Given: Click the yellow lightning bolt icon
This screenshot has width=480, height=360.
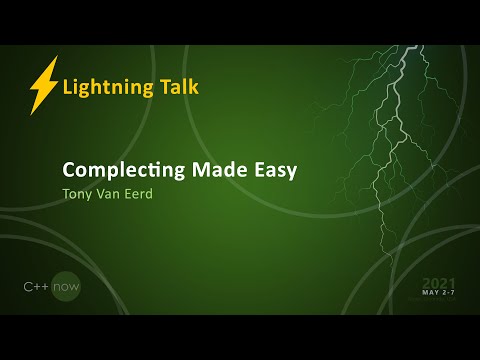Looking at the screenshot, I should pos(44,86).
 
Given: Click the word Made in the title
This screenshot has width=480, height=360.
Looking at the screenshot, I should pos(221,169).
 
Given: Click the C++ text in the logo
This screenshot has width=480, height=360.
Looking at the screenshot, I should pos(39,287).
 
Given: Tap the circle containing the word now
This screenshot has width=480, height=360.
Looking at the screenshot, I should pos(67,287).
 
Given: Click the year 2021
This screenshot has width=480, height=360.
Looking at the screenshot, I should pos(439,283).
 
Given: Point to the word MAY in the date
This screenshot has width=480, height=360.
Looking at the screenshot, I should pos(431,294).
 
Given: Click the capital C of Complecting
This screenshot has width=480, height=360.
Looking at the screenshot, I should pos(69,170).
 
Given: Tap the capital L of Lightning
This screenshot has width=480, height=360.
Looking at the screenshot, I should pos(67,87).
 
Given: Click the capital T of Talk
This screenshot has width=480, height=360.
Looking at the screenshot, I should pos(163,86).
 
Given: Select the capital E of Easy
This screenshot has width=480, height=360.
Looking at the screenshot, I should pos(262,169).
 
